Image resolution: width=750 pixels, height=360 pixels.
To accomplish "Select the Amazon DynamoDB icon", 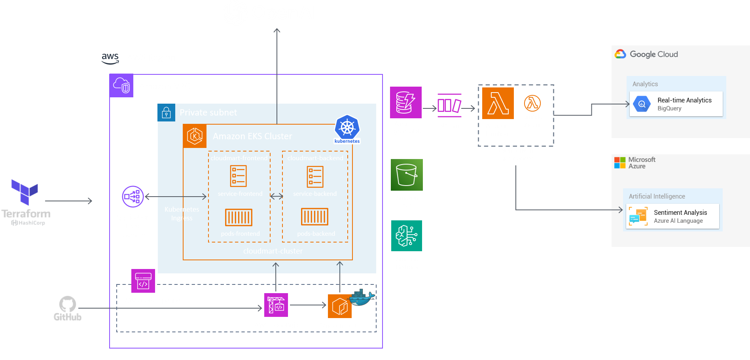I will (405, 102).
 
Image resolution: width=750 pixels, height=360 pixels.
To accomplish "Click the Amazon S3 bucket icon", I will (407, 175).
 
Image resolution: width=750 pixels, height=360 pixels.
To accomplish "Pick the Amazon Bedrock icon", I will (407, 236).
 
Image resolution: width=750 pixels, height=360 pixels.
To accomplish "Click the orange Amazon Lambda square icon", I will (498, 103).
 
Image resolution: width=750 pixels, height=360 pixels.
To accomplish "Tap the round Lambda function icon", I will (532, 103).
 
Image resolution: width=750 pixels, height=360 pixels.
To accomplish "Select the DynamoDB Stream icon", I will (449, 106).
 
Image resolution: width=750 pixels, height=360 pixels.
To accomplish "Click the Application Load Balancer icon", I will (133, 197).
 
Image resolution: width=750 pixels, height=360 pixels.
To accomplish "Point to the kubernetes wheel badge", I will (347, 128).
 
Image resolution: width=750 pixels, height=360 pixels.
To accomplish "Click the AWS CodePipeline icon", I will (143, 281).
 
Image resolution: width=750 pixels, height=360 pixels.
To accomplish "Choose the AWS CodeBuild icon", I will (276, 305).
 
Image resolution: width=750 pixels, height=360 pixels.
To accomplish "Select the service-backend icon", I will (315, 176).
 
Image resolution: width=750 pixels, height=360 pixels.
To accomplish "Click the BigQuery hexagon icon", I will (642, 104).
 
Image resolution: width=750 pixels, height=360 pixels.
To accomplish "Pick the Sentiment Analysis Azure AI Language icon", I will (638, 216).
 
